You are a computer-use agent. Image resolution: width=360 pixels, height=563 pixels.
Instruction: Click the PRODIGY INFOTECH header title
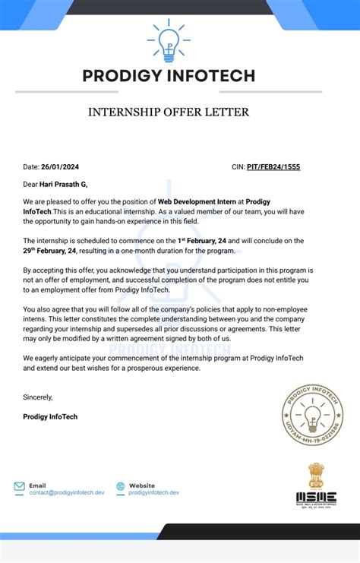(x=169, y=76)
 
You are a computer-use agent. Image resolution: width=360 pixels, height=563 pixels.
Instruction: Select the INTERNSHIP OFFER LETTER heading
(x=169, y=112)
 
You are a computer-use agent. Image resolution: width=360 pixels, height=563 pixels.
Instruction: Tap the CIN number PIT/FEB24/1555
(x=273, y=166)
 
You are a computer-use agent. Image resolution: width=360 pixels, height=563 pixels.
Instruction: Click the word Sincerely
(x=39, y=397)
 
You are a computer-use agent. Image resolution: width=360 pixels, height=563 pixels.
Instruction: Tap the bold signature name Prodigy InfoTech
(x=50, y=416)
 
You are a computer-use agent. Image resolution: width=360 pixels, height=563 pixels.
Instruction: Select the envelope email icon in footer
(x=19, y=489)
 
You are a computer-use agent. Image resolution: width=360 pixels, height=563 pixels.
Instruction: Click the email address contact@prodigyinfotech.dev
(x=67, y=493)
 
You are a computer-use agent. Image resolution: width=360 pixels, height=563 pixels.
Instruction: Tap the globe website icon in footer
(x=120, y=489)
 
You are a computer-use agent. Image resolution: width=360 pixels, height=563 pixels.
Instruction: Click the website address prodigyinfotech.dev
(x=154, y=493)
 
